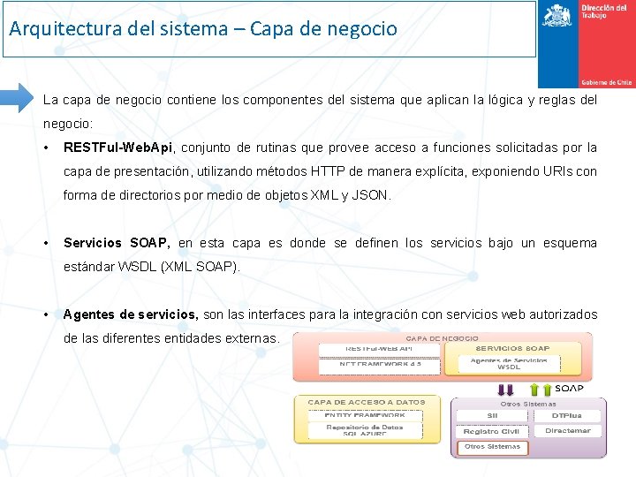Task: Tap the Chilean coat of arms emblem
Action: click(556, 16)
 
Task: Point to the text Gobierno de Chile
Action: click(606, 82)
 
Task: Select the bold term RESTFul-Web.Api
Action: click(119, 148)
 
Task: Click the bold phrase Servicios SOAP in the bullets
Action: click(117, 243)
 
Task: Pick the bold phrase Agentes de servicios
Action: click(131, 314)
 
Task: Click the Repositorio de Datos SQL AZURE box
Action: click(364, 431)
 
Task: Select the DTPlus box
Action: click(566, 415)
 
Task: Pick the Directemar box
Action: click(566, 431)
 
